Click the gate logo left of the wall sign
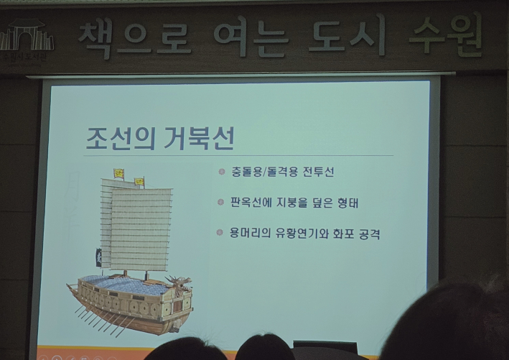pos(26,37)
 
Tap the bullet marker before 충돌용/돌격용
pos(222,172)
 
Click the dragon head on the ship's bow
pos(177,282)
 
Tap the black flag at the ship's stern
pos(98,257)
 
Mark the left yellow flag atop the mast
pos(119,173)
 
